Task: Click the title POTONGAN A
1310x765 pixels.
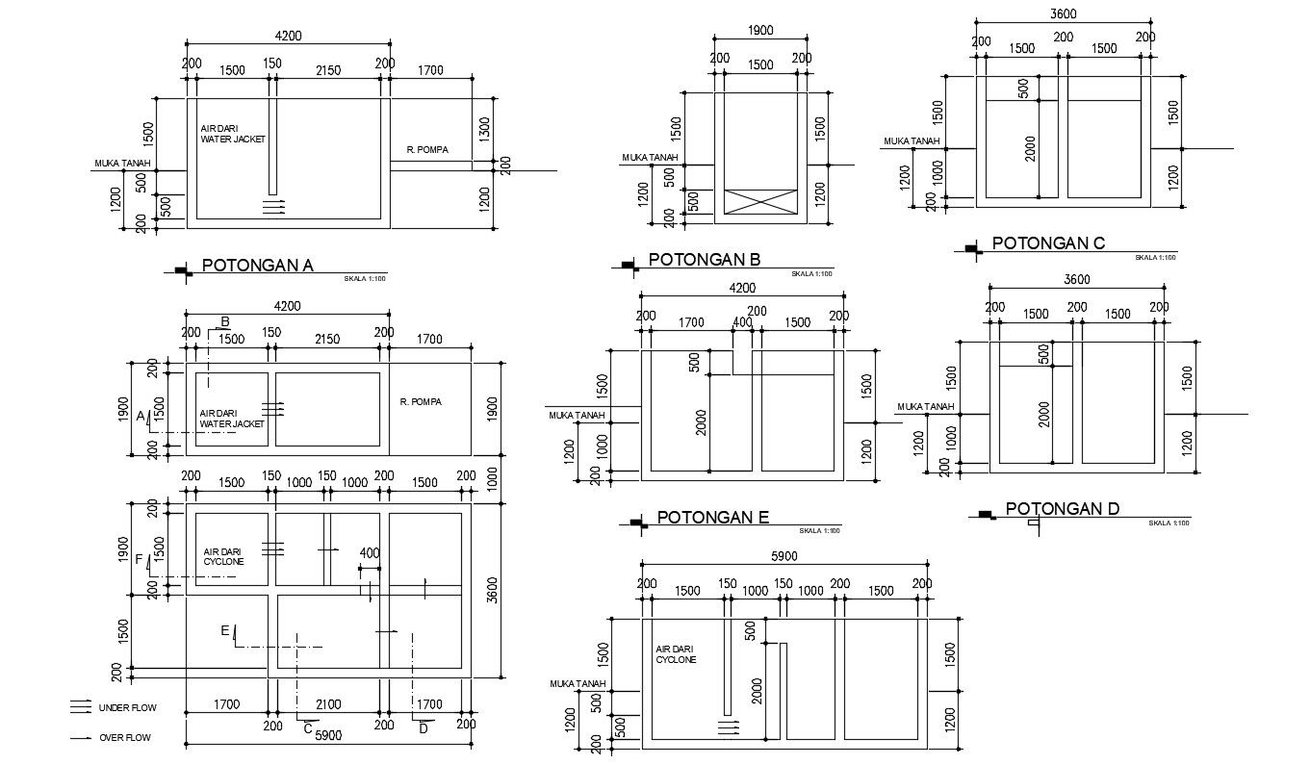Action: pos(257,267)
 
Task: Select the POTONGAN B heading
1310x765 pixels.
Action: pos(705,260)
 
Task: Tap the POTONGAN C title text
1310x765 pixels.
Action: pos(1048,243)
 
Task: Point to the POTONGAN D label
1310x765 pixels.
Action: pos(1062,509)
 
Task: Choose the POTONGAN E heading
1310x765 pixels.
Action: pos(712,518)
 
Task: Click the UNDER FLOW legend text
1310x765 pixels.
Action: pos(127,708)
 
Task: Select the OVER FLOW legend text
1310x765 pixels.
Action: pos(125,738)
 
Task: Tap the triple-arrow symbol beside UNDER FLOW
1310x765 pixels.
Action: pos(81,707)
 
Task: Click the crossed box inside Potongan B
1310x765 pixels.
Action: pos(761,201)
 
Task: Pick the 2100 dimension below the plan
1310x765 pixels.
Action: pos(328,704)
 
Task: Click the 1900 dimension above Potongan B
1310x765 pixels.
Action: pos(760,31)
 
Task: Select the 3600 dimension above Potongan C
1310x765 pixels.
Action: pos(1063,13)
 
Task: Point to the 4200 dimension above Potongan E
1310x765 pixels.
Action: pos(742,288)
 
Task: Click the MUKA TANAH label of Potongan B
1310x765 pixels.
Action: pos(650,158)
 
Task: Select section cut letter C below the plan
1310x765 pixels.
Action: pos(307,728)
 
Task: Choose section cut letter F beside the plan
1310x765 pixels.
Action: pos(139,558)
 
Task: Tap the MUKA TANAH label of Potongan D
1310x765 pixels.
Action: pos(925,407)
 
